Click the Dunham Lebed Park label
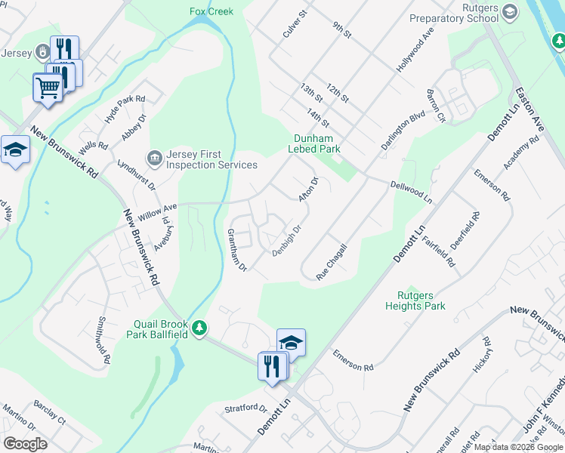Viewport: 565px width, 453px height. (x=314, y=143)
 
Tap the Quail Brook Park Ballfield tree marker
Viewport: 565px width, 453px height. (x=199, y=328)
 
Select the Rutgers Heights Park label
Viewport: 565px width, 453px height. (x=415, y=300)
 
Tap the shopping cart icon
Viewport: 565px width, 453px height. (x=48, y=88)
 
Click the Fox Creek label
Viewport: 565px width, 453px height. (x=211, y=11)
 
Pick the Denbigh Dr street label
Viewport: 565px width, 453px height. (x=287, y=240)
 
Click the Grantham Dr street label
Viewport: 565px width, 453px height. (x=238, y=250)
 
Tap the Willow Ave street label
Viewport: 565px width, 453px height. (x=157, y=211)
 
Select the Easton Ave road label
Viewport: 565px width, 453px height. (x=529, y=110)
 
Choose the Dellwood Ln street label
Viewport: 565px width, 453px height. (x=411, y=192)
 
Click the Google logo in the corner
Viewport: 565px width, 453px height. (x=25, y=444)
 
